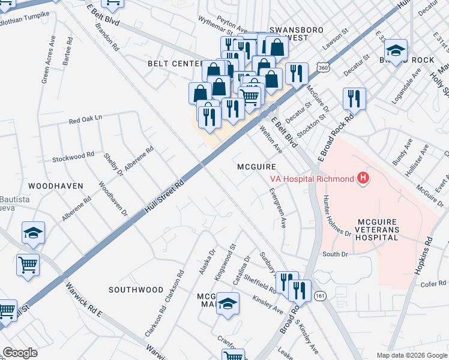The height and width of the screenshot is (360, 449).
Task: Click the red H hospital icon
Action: (x=363, y=178)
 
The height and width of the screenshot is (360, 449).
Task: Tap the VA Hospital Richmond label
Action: (x=312, y=178)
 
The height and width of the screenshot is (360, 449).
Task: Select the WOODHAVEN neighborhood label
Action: (x=55, y=186)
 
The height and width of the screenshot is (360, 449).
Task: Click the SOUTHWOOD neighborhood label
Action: (x=136, y=290)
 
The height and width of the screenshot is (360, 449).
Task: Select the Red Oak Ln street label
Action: (x=86, y=120)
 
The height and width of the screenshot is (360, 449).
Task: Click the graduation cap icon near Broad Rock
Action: (x=396, y=50)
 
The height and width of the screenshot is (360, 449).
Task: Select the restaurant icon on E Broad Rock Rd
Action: (x=354, y=98)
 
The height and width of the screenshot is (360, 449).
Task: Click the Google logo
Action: (x=20, y=353)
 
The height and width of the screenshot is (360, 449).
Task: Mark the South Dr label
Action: (x=335, y=254)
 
